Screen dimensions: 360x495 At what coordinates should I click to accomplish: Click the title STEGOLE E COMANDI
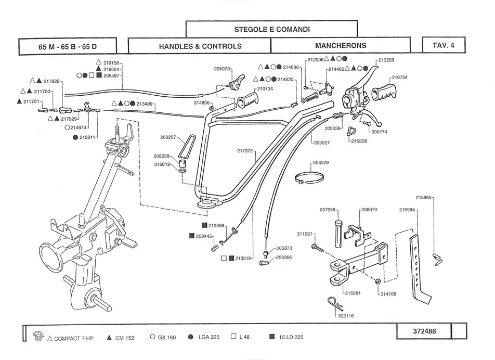click(271, 30)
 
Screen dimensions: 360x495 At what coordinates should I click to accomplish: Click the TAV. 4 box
click(443, 45)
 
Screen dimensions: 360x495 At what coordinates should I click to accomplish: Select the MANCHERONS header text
click(341, 46)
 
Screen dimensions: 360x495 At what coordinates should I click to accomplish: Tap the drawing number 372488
click(424, 331)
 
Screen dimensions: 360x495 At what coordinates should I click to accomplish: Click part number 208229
click(320, 163)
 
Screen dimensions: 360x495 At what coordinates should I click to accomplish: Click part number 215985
click(423, 198)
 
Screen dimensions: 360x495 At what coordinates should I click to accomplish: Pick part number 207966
click(328, 210)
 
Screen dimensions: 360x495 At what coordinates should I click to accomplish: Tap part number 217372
click(245, 151)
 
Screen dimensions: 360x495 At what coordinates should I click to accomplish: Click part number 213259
click(386, 60)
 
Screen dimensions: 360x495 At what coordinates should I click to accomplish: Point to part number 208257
click(168, 137)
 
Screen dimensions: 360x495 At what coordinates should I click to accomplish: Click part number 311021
click(305, 234)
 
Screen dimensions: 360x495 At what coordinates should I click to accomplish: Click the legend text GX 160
click(167, 337)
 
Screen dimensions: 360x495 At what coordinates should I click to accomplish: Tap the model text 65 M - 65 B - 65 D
click(68, 46)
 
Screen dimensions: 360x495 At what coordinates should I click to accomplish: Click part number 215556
click(359, 141)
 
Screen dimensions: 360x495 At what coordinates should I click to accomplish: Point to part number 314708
click(388, 294)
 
